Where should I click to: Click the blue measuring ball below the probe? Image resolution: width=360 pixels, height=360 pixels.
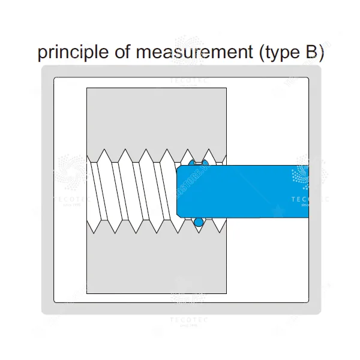click(x=199, y=223)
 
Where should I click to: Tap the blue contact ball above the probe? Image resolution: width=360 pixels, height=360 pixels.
click(x=193, y=163)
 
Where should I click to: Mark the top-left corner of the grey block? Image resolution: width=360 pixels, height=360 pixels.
click(x=87, y=89)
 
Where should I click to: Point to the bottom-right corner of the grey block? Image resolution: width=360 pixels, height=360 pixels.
click(x=226, y=294)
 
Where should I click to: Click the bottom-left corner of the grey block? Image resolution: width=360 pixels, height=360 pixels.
click(x=87, y=294)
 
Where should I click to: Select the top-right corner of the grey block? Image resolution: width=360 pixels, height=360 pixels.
click(x=226, y=89)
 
